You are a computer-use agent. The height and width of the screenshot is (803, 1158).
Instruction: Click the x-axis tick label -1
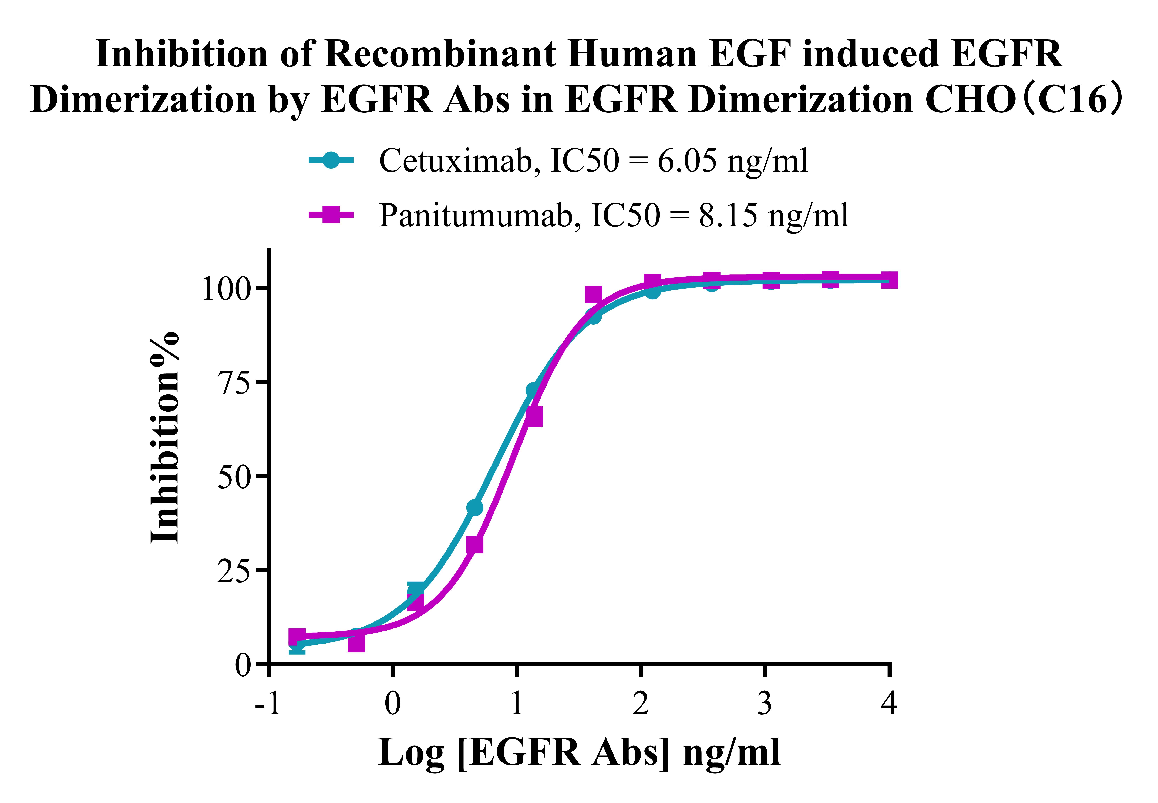[268, 703]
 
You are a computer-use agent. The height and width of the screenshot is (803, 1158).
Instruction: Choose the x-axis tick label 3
[764, 703]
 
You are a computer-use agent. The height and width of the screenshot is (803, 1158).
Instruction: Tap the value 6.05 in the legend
[687, 161]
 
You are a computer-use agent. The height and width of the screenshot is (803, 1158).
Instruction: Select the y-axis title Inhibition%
[165, 438]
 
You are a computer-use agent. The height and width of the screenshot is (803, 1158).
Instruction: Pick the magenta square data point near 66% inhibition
[534, 417]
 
